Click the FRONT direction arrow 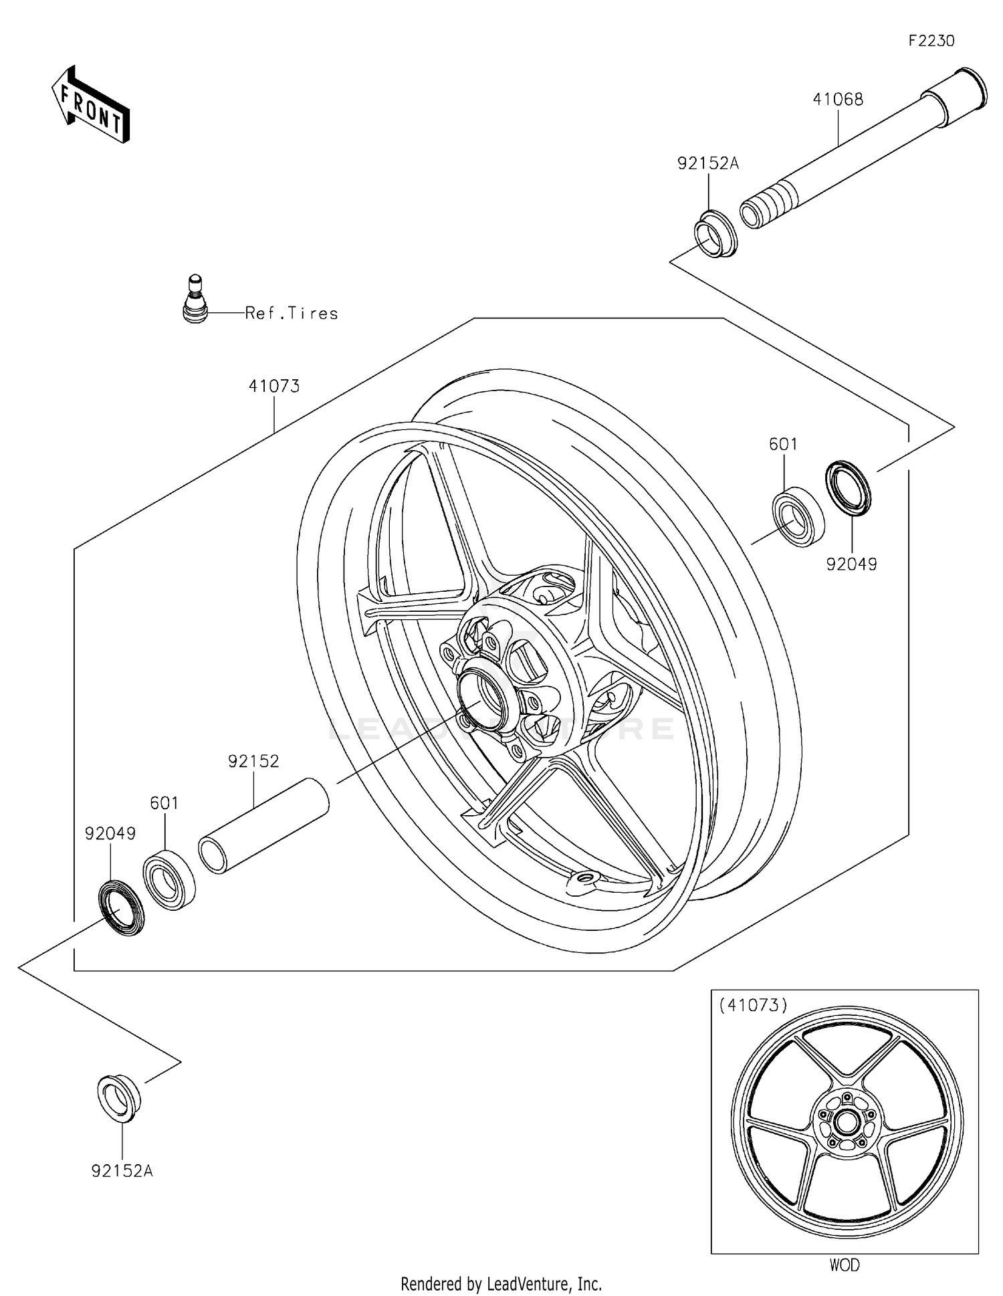90,105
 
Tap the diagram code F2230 931,41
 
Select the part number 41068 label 838,99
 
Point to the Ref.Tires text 292,313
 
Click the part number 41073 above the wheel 274,386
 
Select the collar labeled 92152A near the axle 715,233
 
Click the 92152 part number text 253,761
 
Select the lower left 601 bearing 169,878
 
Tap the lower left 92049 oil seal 121,907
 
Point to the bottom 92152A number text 122,1171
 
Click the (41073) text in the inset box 753,1004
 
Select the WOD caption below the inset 845,1265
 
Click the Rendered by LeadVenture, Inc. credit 501,1284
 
